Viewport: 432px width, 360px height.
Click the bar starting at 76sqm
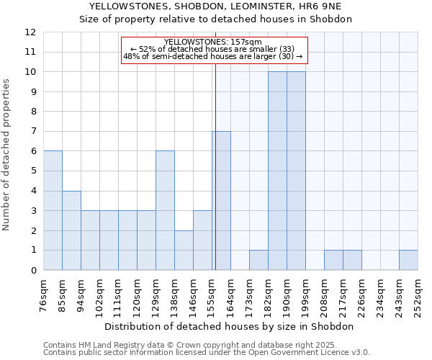[x=53, y=210]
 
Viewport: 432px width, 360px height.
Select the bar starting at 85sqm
[x=71, y=230]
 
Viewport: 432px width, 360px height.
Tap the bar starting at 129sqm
[x=165, y=210]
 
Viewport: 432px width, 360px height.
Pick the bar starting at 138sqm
[x=184, y=250]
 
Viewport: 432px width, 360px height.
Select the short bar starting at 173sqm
[x=258, y=260]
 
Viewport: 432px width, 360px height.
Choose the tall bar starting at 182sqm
[x=277, y=171]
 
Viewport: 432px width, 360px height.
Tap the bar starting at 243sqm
[x=408, y=260]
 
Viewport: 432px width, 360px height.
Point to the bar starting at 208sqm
[x=333, y=260]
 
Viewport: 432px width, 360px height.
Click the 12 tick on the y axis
[x=30, y=32]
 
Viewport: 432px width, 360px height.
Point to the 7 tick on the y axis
[x=33, y=132]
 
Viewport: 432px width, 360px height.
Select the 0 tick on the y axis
[x=33, y=271]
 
